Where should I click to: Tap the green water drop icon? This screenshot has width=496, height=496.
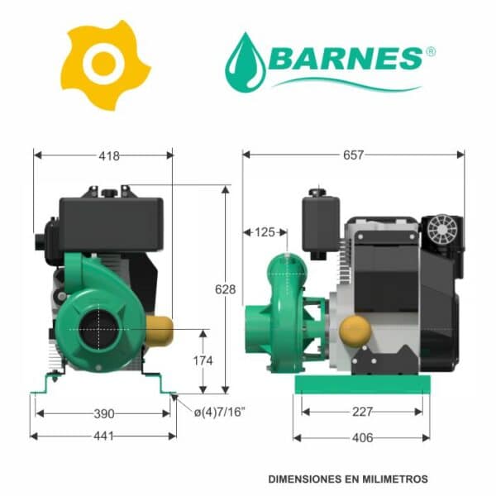point(246,63)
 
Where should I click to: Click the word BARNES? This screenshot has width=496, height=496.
point(346,59)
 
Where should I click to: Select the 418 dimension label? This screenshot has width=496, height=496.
point(109,155)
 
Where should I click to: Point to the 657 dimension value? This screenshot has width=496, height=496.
point(353,155)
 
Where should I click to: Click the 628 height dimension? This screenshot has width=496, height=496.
point(225,289)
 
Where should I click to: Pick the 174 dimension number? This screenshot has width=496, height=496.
point(203,360)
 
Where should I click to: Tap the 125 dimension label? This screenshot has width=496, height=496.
point(265,232)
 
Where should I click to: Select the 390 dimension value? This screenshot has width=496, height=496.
point(104,414)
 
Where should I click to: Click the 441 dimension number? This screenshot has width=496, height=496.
point(103,436)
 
